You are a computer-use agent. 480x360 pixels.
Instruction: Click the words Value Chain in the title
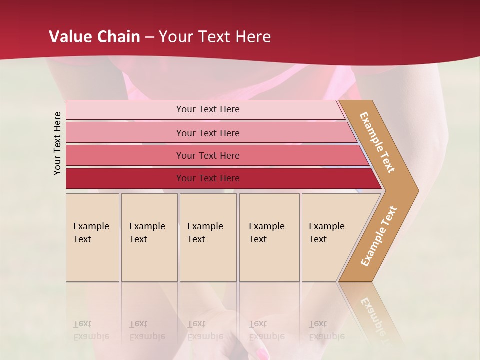[x=94, y=37]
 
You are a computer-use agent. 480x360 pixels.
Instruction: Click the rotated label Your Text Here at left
[x=57, y=143]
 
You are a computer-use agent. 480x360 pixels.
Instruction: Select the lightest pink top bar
[x=125, y=110]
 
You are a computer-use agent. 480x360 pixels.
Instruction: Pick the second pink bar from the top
[x=125, y=133]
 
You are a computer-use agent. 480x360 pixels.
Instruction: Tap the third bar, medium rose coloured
[x=125, y=156]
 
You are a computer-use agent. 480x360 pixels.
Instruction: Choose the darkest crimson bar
[x=125, y=178]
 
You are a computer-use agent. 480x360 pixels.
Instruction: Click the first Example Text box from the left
[x=92, y=237]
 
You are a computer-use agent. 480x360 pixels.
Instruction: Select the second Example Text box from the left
[x=149, y=237]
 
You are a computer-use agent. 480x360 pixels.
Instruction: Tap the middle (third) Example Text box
[x=208, y=237]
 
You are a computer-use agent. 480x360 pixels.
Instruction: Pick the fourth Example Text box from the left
[x=269, y=237]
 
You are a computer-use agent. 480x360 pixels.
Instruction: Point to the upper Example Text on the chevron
[x=377, y=142]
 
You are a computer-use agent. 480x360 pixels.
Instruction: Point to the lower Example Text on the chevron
[x=379, y=236]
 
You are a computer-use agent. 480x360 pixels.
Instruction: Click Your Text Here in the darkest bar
[x=208, y=178]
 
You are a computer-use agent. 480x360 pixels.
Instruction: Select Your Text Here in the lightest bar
[x=208, y=109]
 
